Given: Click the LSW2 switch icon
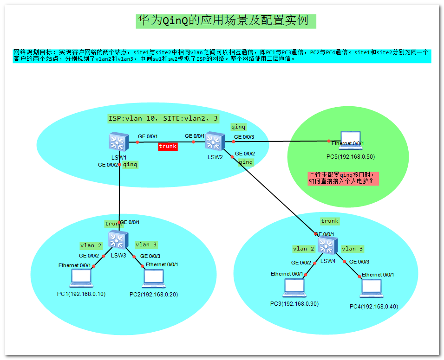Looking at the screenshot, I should click(x=215, y=141).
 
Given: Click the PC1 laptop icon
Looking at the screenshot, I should click(x=81, y=278).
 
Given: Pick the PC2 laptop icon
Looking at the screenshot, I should click(x=154, y=278).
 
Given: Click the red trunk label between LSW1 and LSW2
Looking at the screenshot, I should click(x=168, y=146).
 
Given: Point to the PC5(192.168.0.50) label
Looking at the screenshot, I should click(x=351, y=157).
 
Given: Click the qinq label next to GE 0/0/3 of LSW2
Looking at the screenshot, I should click(x=238, y=127).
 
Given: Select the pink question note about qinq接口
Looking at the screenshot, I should click(x=343, y=178).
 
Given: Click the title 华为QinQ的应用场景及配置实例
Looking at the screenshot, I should click(x=226, y=21).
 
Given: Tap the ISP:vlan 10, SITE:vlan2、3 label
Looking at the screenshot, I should click(x=163, y=119).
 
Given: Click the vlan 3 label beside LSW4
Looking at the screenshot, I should click(x=352, y=249).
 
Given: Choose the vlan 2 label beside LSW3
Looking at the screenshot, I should click(x=91, y=245).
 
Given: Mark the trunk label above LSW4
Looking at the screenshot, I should click(x=330, y=221).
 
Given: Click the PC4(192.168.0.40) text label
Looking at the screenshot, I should click(x=373, y=306).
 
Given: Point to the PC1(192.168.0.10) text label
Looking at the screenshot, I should click(x=81, y=294).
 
